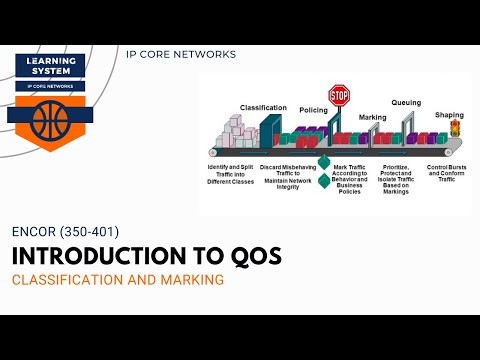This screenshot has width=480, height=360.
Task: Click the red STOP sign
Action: pyautogui.click(x=339, y=96)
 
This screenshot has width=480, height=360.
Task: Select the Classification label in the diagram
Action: pyautogui.click(x=263, y=107)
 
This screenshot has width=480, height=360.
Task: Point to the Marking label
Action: pyautogui.click(x=372, y=117)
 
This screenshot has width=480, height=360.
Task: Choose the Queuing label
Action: pyautogui.click(x=406, y=102)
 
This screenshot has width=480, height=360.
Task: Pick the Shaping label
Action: pyautogui.click(x=449, y=114)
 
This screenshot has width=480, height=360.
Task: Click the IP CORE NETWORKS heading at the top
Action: pyautogui.click(x=181, y=54)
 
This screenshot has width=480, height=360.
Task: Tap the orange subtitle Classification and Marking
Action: pyautogui.click(x=117, y=280)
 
